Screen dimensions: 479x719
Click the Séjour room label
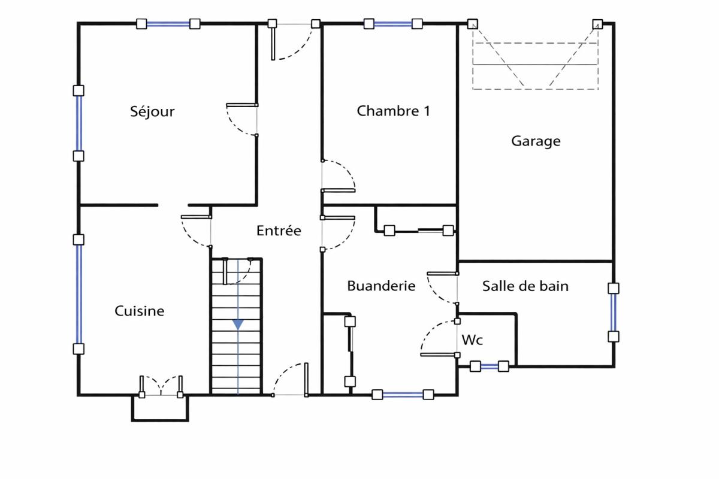[152, 111]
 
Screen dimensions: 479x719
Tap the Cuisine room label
[139, 311]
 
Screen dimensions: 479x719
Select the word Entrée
[279, 231]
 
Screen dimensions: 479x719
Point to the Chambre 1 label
[393, 111]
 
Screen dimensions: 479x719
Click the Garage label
[536, 141]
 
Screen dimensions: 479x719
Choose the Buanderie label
[381, 286]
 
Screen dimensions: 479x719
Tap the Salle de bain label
[525, 286]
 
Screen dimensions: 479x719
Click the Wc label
[472, 340]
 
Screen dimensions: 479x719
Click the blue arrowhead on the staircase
[238, 324]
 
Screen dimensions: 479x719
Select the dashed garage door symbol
[535, 57]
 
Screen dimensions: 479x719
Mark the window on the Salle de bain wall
[613, 312]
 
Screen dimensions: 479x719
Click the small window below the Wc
[489, 366]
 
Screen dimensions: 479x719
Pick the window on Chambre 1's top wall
[393, 24]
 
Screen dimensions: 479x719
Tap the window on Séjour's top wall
[168, 24]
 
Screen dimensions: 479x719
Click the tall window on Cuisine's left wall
[78, 293]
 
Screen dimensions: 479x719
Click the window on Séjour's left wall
[78, 123]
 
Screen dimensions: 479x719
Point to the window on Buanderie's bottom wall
[403, 395]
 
